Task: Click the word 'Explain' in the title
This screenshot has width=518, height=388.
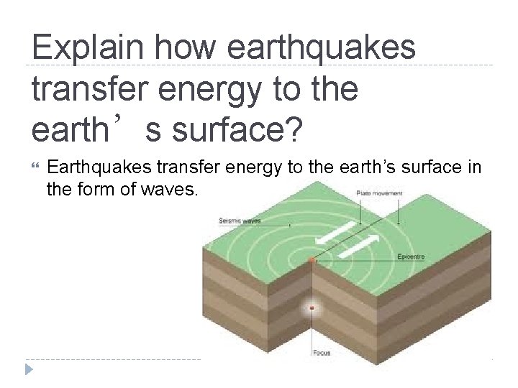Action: click(85, 48)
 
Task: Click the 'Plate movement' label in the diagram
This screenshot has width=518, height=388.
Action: click(379, 193)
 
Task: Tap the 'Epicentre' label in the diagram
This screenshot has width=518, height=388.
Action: click(412, 257)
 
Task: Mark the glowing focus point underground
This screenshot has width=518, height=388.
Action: click(312, 309)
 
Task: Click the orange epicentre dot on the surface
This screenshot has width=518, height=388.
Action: click(311, 259)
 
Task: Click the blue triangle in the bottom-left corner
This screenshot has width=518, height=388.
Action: click(28, 369)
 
